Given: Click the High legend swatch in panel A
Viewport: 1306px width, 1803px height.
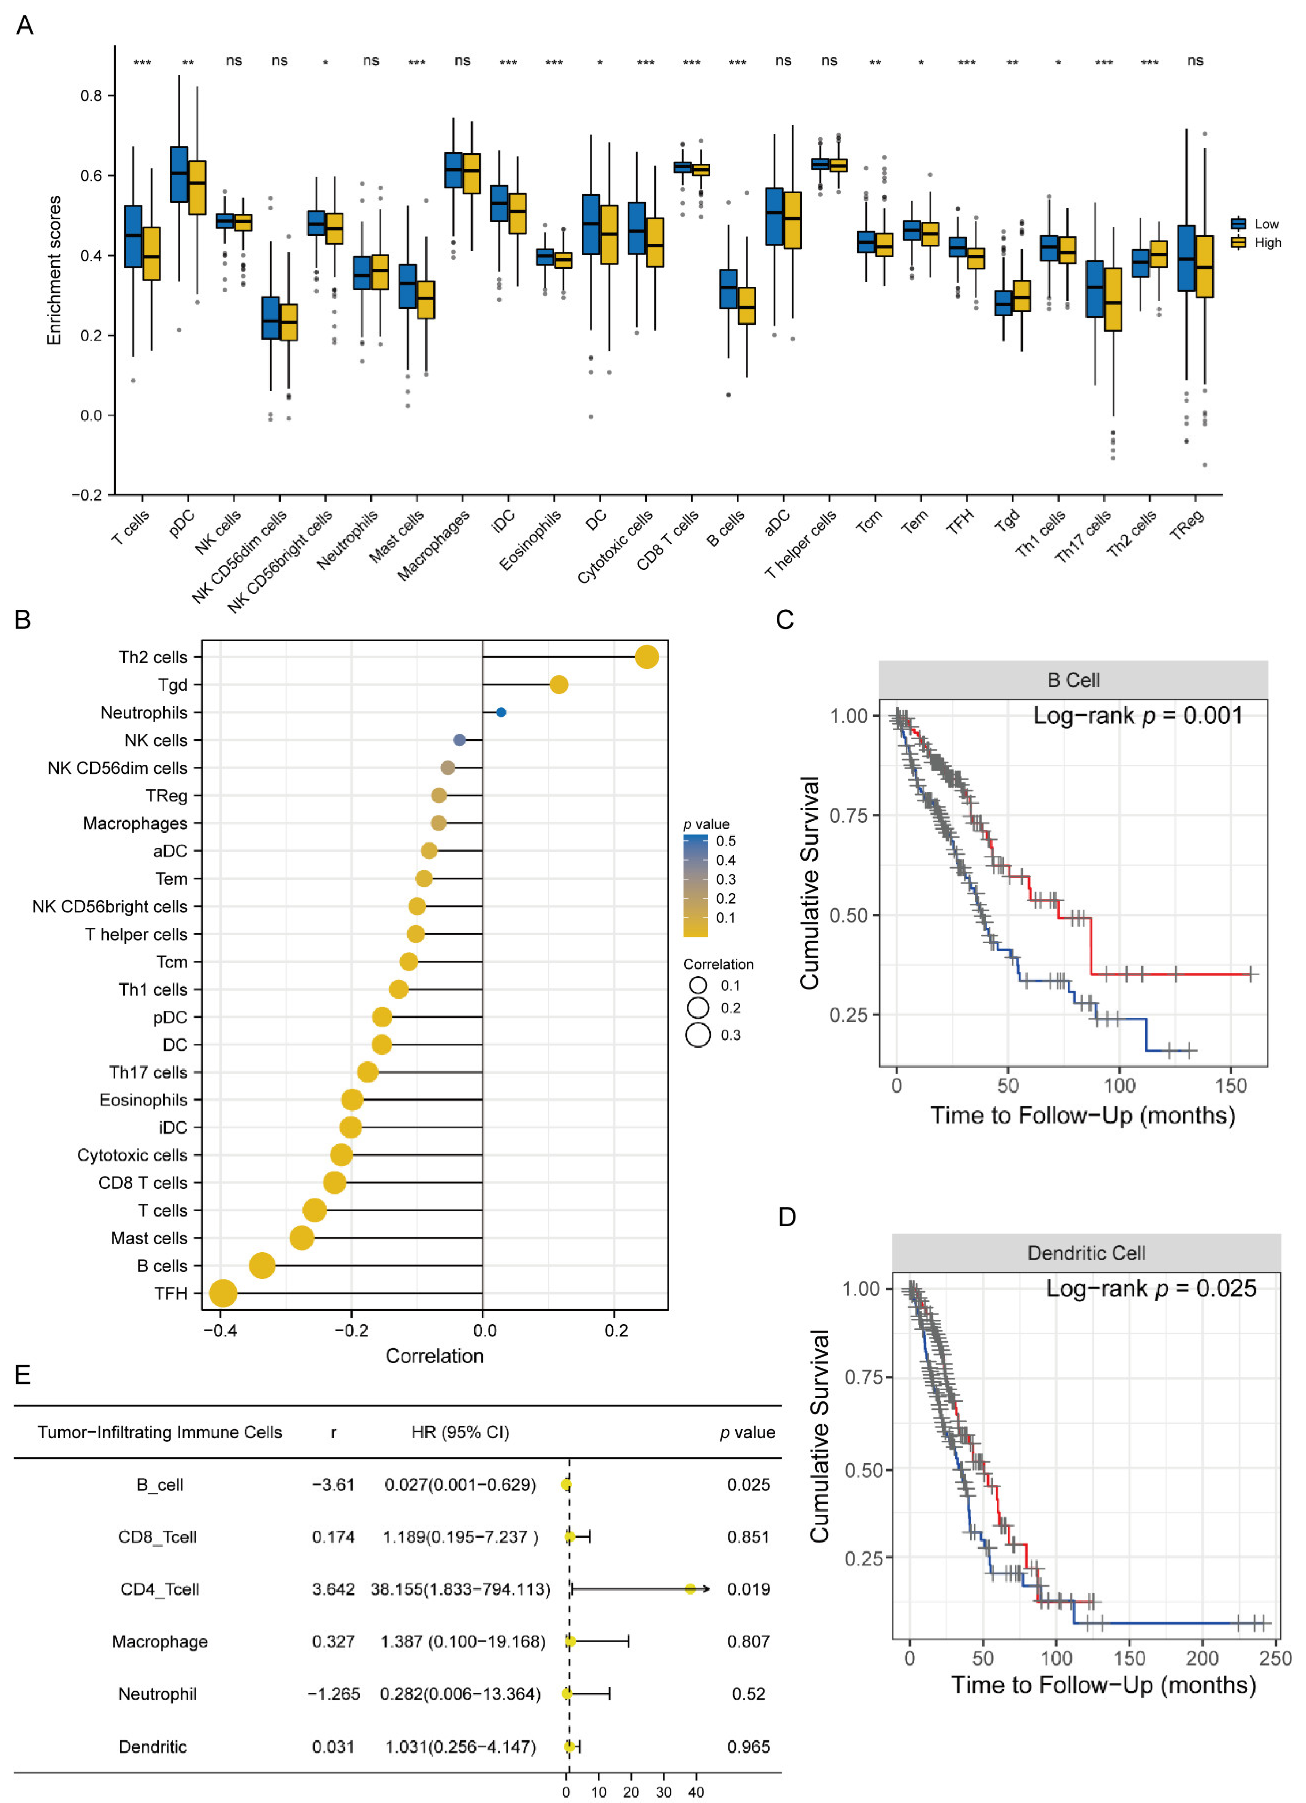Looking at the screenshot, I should pyautogui.click(x=1238, y=242).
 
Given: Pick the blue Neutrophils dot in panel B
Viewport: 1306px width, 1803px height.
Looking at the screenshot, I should pyautogui.click(x=501, y=712).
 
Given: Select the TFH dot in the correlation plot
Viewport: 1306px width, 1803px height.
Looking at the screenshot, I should pyautogui.click(x=223, y=1293).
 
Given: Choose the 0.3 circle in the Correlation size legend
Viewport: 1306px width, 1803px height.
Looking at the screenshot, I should pyautogui.click(x=698, y=1034).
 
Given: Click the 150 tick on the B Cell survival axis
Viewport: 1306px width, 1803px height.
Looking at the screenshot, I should pyautogui.click(x=1231, y=1086).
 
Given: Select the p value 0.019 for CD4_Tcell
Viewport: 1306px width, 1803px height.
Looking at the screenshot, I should pyautogui.click(x=748, y=1589).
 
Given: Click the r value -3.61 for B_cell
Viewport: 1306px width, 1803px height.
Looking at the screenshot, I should pyautogui.click(x=333, y=1484).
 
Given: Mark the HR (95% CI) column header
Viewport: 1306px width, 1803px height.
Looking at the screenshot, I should pyautogui.click(x=460, y=1432).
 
